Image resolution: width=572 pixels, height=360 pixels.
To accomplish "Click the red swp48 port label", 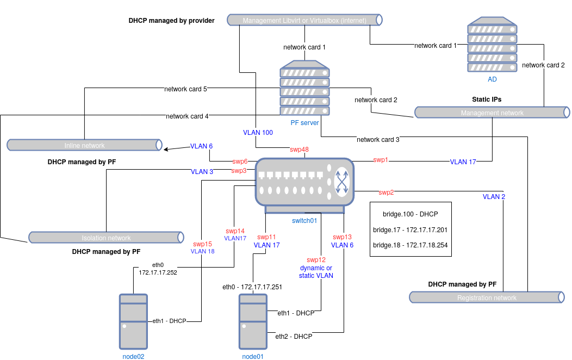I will [299, 149].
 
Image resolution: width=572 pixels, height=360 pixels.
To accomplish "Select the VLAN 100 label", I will [258, 132].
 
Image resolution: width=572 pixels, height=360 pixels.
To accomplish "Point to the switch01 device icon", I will [304, 185].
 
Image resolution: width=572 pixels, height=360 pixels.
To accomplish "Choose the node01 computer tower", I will [253, 321].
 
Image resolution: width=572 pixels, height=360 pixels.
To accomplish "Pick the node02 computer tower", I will [133, 321].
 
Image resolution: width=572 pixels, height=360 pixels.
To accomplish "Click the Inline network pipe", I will [84, 145].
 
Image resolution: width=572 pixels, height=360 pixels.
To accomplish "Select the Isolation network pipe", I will [105, 238].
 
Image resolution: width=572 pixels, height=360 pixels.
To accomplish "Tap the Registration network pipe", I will [487, 297].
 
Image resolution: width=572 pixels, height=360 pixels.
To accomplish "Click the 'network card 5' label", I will [185, 89].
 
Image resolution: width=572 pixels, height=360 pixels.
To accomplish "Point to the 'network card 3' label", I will [378, 140].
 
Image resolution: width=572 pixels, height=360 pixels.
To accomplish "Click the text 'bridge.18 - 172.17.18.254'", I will [411, 245].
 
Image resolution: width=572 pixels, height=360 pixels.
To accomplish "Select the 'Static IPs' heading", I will [487, 100].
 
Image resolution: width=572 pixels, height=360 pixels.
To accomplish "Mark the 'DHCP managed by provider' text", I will [171, 21].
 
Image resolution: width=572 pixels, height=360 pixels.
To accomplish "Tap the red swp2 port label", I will [386, 192].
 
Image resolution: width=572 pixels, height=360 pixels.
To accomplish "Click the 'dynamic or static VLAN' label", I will [316, 272].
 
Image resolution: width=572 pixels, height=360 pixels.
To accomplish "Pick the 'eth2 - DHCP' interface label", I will [294, 337].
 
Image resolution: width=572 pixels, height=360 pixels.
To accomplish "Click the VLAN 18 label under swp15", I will [202, 252].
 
